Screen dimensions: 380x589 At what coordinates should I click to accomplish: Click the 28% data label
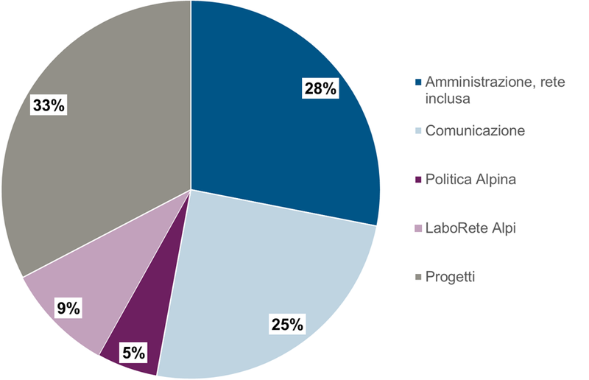[x=320, y=89]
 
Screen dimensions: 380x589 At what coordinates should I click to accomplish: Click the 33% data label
[x=49, y=105]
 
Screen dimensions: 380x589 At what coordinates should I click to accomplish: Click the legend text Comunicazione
[x=475, y=131]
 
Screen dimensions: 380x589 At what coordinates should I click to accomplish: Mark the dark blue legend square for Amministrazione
[x=419, y=82]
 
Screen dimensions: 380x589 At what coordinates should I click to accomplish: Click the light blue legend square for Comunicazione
[x=419, y=131]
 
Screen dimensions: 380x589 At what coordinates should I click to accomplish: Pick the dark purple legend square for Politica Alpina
[x=419, y=180]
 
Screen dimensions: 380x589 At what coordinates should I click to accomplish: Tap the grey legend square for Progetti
[x=419, y=277]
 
